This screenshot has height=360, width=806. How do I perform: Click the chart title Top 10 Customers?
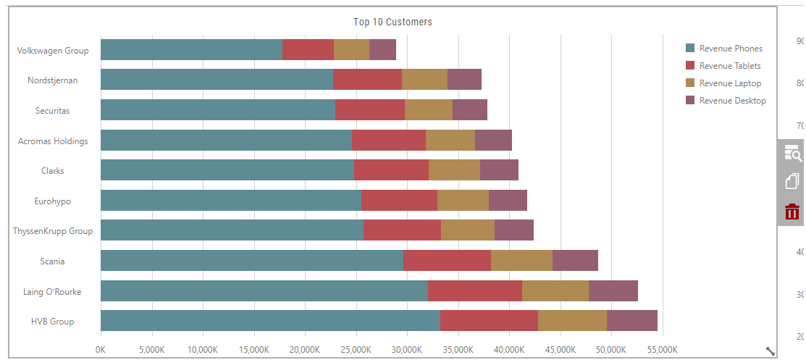(x=392, y=22)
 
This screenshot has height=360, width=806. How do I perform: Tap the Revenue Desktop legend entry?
(x=726, y=100)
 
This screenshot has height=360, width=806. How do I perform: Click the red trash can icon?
(x=792, y=212)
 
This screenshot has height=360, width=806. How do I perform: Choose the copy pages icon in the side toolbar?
(x=792, y=182)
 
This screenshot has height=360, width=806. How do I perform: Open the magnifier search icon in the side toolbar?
(x=792, y=153)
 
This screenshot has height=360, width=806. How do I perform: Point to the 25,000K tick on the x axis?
(x=356, y=350)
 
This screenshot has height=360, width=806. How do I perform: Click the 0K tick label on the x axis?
(x=101, y=350)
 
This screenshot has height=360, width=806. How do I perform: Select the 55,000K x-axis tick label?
(x=662, y=350)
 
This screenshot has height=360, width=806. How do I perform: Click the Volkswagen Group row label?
(x=53, y=51)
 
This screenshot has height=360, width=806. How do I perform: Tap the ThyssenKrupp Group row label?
(x=53, y=231)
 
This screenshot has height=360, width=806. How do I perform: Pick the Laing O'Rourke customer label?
(x=52, y=292)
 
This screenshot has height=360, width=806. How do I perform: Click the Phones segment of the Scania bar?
(x=252, y=260)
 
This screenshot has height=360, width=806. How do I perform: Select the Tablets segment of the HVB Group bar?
(x=490, y=320)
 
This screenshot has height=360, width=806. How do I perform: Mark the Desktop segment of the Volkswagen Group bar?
(x=382, y=49)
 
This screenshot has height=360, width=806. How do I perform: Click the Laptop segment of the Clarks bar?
(x=454, y=169)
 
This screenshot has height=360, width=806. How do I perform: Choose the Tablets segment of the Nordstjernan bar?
(x=368, y=79)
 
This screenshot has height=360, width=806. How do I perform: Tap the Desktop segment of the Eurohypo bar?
(x=508, y=200)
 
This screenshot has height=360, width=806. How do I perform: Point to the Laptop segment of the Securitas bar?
(x=429, y=109)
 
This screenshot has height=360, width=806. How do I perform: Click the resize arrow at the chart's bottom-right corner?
(x=771, y=351)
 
